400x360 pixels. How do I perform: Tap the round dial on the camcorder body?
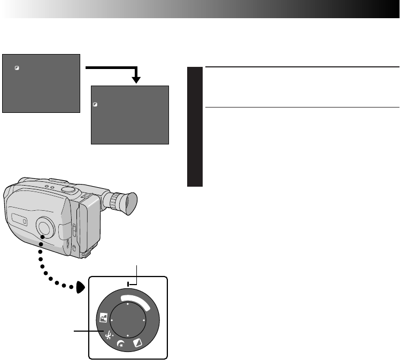[45, 227]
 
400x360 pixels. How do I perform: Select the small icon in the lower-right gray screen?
[95, 105]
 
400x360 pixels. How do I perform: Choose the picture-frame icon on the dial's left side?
[103, 319]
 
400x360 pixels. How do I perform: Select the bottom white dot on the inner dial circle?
[128, 335]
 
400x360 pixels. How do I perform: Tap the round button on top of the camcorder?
[67, 189]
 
